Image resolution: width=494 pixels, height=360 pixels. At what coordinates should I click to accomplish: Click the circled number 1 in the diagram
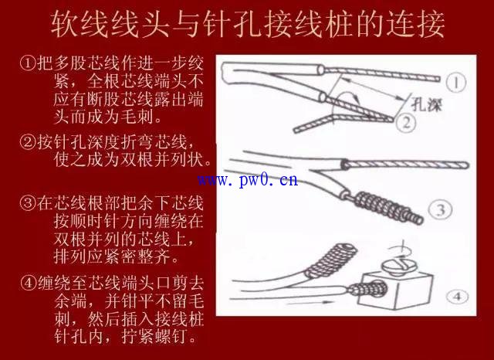[x=456, y=83]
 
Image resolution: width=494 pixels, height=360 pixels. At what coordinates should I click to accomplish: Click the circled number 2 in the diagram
[x=406, y=123]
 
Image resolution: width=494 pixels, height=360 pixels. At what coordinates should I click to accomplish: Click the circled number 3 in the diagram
[x=441, y=210]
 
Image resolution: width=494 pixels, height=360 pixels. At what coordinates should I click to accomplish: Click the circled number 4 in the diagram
[x=458, y=297]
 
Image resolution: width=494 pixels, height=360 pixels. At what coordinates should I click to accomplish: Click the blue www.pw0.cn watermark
[x=248, y=180]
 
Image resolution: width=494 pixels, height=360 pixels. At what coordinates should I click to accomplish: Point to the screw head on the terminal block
[x=398, y=267]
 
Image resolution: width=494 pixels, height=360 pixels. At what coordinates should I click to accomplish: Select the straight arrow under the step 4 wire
[x=310, y=303]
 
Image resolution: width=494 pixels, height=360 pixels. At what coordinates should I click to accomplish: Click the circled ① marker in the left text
[x=28, y=63]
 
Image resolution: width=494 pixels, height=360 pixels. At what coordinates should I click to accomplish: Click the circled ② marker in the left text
[x=28, y=142]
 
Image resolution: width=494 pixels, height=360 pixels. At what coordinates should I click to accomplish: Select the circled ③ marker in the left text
[x=28, y=203]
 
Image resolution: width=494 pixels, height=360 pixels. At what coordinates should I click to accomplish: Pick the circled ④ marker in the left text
[x=29, y=283]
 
